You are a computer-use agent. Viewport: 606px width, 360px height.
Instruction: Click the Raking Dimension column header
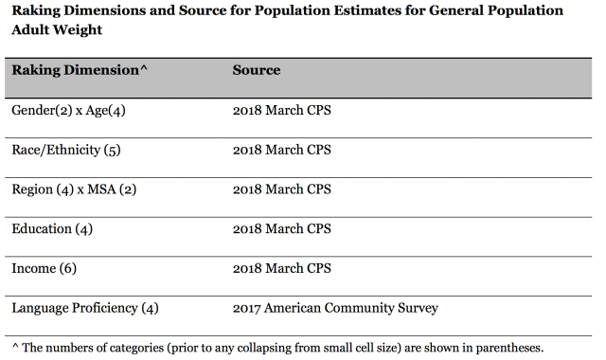(80, 70)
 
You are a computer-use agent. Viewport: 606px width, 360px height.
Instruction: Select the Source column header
(257, 70)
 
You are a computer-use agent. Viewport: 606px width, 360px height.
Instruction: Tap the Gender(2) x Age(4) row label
(68, 111)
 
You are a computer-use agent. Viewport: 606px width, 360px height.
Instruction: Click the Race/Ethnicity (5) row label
(66, 150)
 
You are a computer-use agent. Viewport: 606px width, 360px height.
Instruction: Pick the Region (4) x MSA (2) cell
(74, 189)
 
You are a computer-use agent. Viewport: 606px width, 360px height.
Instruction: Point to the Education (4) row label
(52, 229)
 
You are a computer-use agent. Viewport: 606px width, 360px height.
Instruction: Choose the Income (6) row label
(45, 268)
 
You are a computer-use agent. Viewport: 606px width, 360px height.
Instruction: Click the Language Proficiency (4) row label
(85, 308)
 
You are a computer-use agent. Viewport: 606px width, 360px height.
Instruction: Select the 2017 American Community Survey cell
(335, 308)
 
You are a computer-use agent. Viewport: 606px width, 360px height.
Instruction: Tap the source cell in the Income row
(282, 268)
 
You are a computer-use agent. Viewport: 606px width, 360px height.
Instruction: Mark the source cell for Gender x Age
(282, 110)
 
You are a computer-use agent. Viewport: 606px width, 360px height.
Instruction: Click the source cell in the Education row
(282, 229)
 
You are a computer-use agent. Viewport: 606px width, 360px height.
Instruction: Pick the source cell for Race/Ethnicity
(282, 150)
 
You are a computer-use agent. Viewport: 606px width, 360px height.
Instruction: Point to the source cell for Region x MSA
(282, 189)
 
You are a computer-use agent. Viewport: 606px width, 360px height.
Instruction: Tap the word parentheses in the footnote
(509, 348)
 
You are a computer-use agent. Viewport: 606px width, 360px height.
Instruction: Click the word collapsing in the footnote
(263, 348)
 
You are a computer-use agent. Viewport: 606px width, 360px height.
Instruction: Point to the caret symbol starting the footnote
(15, 346)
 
